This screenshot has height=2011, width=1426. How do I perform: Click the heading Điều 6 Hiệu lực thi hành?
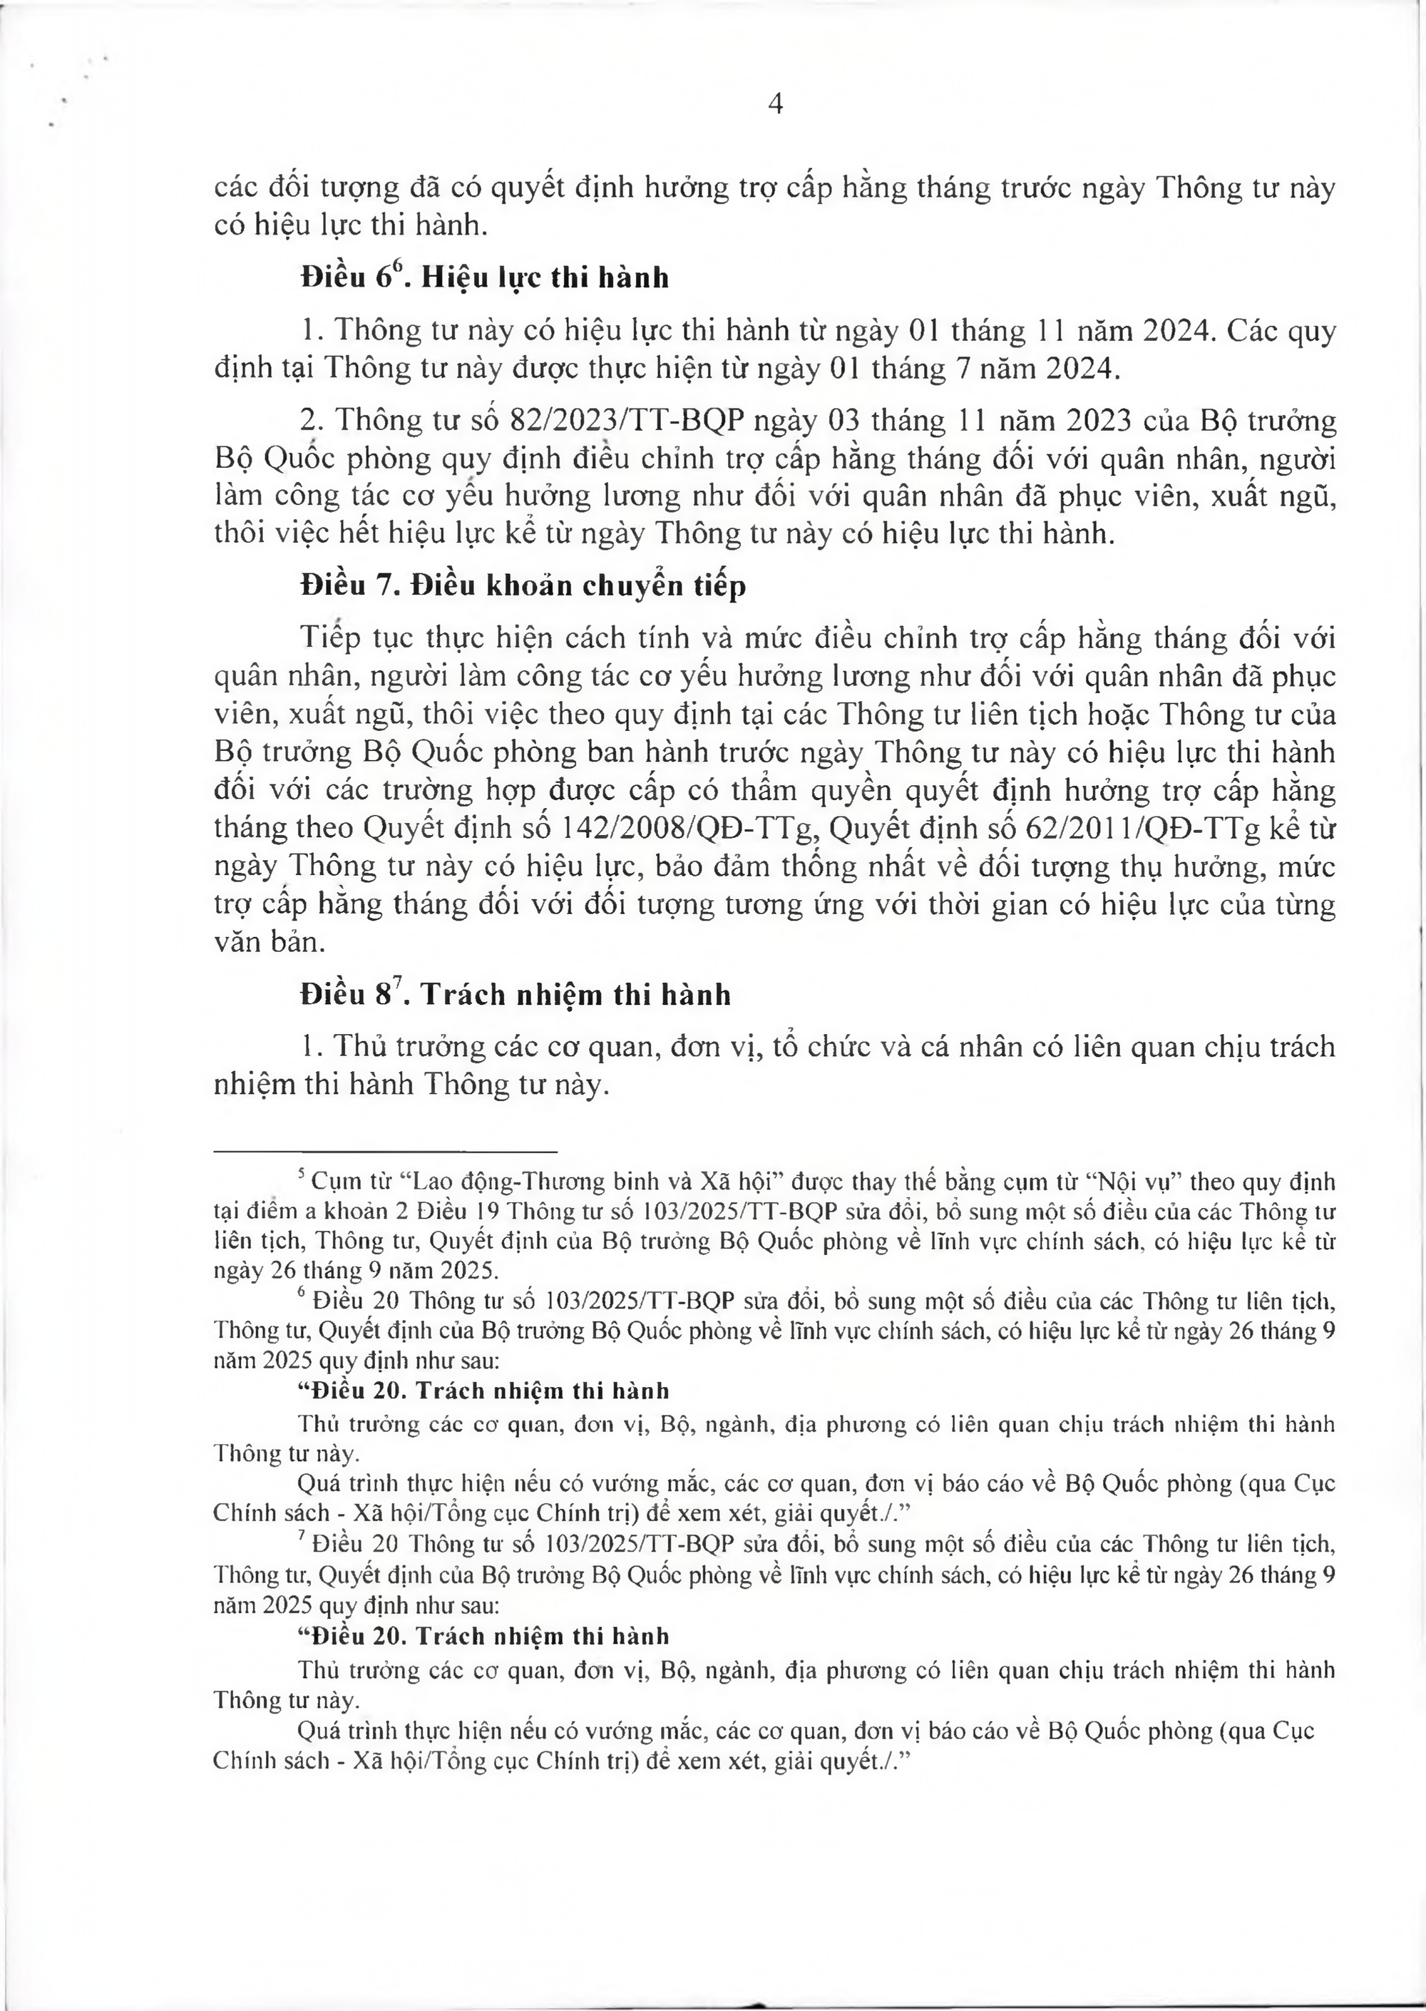(484, 277)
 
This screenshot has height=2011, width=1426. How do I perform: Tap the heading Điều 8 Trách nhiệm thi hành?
(515, 995)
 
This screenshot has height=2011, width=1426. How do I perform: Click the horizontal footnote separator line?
(386, 1150)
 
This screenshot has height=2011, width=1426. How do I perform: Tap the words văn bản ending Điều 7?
(265, 943)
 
